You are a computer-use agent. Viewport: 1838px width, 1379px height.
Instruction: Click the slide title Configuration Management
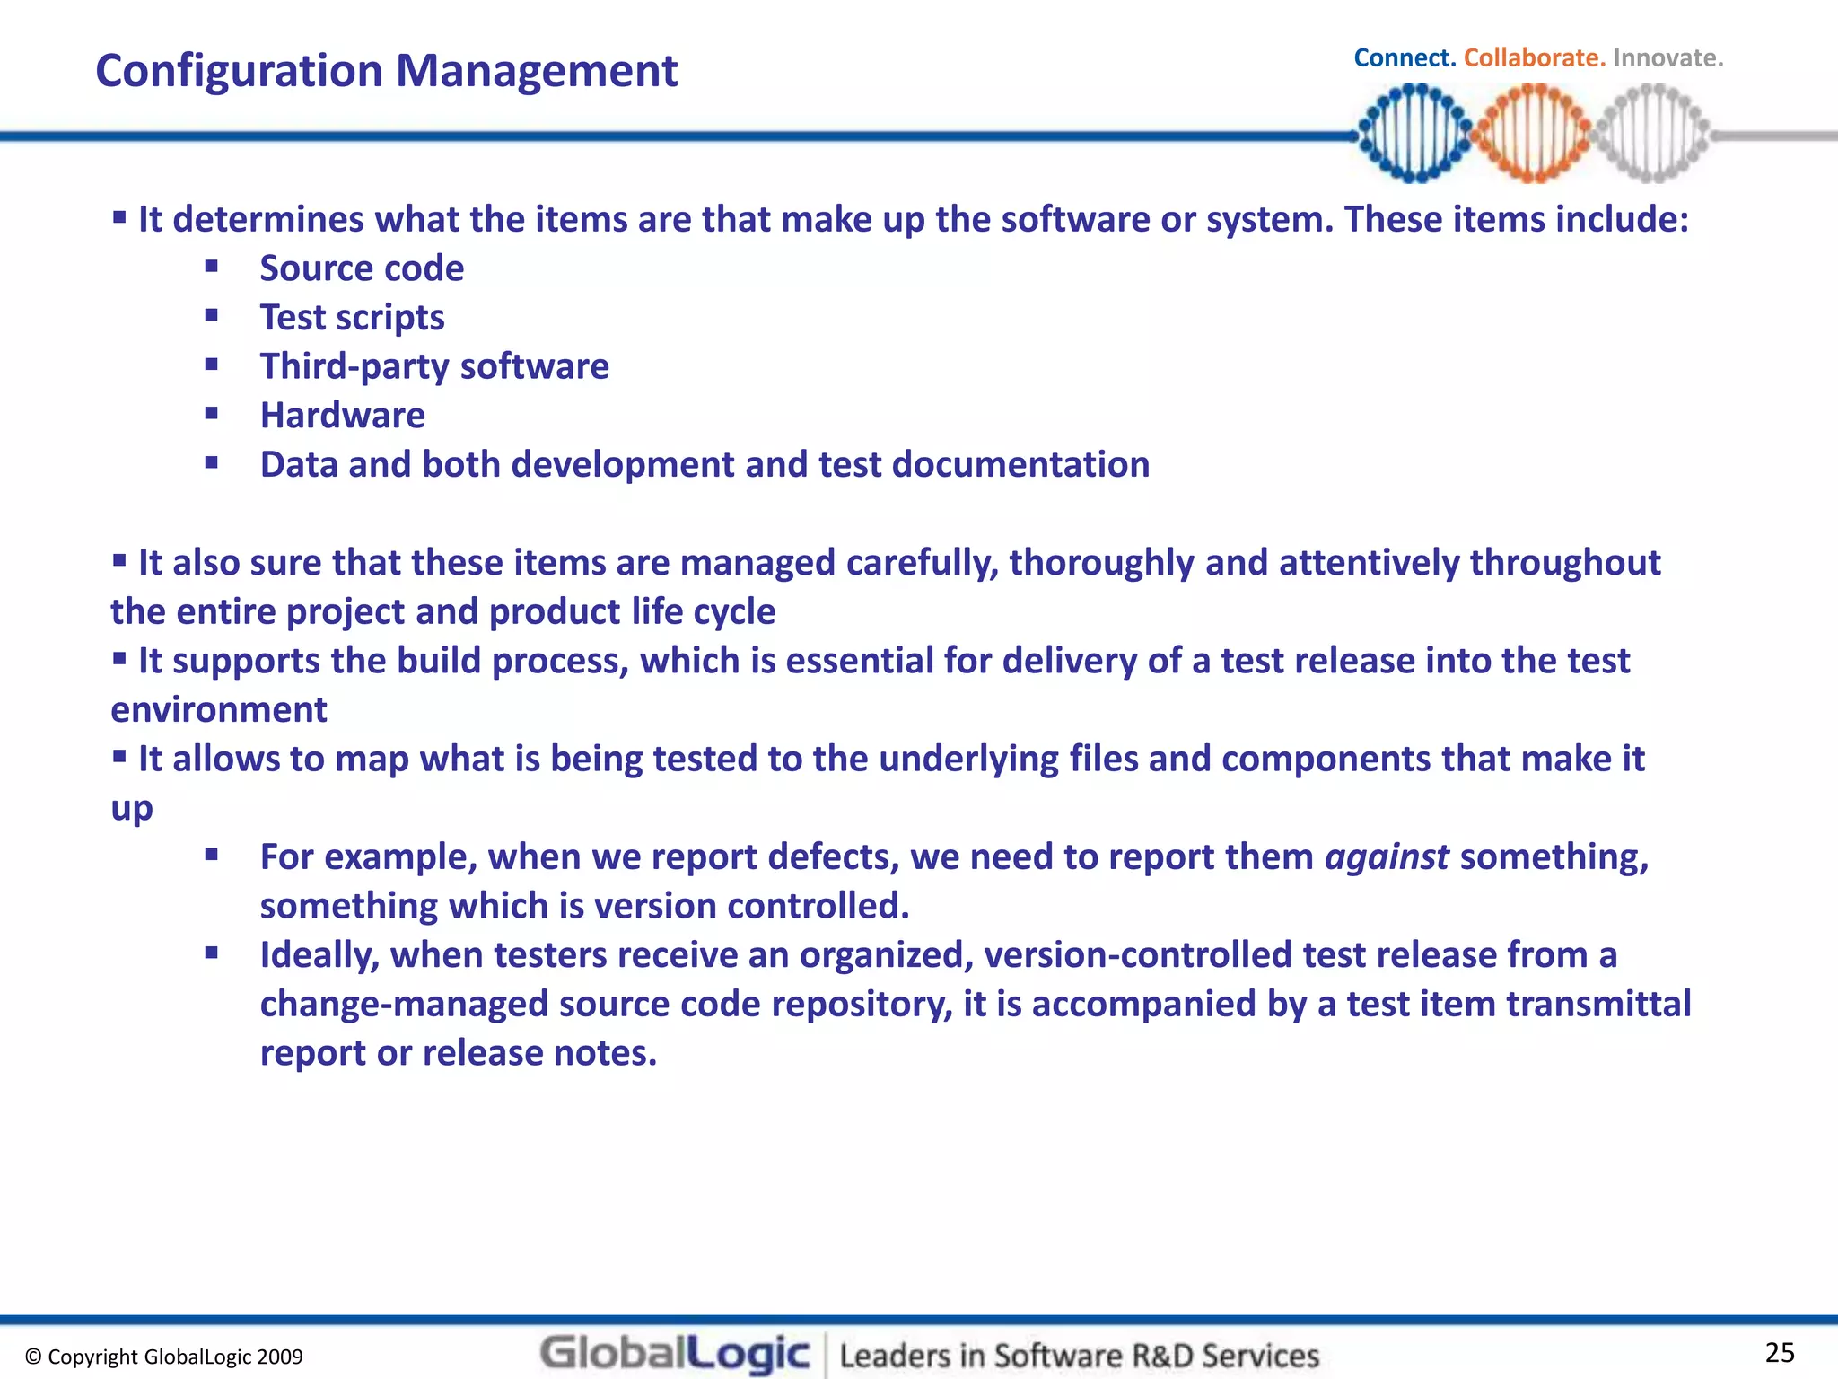[386, 71]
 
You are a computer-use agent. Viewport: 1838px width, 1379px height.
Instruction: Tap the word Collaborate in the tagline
[1533, 58]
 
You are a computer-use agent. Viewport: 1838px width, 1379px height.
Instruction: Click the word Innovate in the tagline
[1667, 58]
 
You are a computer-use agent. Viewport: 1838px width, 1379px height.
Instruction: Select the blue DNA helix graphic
[1415, 134]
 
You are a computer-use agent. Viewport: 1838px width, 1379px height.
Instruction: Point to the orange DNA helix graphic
[1534, 134]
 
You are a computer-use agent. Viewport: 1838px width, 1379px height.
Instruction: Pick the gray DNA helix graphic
[1652, 134]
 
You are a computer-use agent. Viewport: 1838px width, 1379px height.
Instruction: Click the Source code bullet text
[362, 268]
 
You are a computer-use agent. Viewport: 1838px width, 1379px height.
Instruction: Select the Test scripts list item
[352, 318]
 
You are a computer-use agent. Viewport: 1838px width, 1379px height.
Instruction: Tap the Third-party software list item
[434, 366]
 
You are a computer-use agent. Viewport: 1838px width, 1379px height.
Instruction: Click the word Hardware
[342, 416]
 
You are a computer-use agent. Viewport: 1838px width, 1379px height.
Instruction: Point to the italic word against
[1387, 857]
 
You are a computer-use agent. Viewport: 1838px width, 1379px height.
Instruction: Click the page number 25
[1779, 1352]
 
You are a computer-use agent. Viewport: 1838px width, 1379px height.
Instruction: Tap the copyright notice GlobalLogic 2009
[164, 1357]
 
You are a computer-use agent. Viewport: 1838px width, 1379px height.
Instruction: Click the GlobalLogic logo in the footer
[675, 1354]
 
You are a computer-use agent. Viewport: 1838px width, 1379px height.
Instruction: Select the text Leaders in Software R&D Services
[1080, 1356]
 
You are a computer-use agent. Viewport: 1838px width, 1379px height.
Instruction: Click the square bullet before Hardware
[212, 414]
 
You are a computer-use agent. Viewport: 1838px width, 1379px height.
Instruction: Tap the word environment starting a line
[219, 710]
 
